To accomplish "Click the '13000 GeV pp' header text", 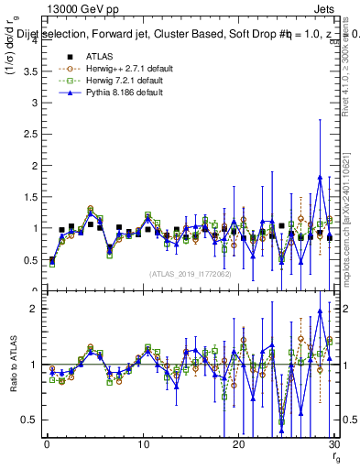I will coord(76,7).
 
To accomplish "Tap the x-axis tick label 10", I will coord(142,443).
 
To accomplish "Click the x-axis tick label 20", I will coord(238,443).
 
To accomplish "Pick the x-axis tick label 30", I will coord(333,443).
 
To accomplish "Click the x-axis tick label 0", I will coord(47,443).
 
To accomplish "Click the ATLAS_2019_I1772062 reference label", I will coord(191,273).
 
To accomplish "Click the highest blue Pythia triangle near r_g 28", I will coord(319,177).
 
